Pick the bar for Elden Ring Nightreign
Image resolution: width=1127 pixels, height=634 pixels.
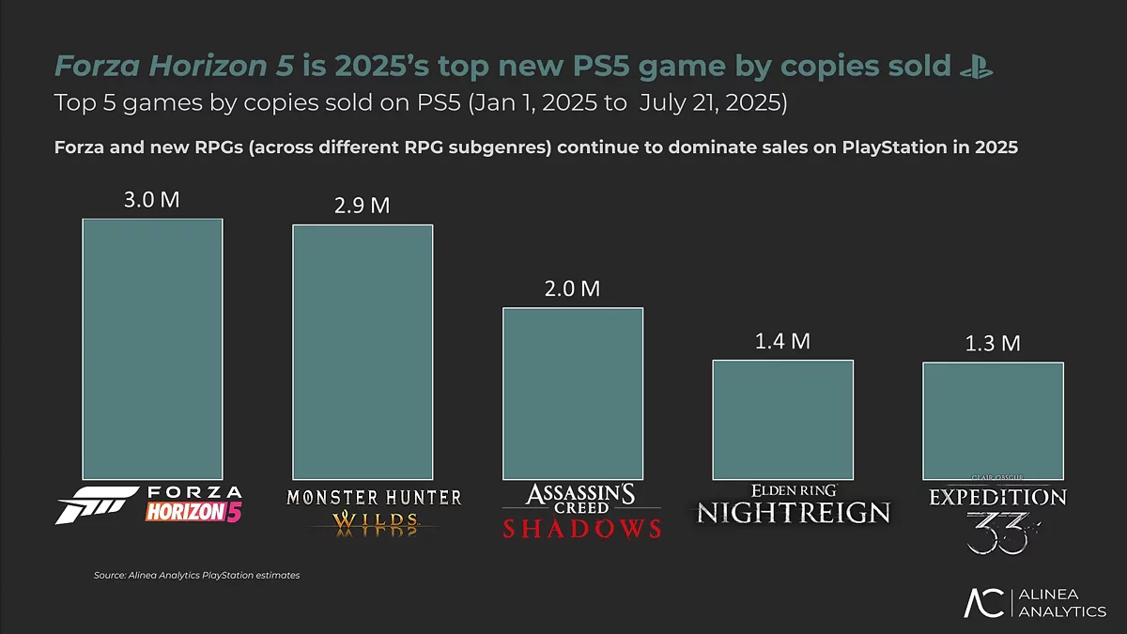point(783,419)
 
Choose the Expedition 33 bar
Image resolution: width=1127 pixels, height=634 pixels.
point(993,420)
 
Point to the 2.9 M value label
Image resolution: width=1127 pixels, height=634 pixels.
point(362,206)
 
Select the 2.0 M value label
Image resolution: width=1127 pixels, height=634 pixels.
point(572,288)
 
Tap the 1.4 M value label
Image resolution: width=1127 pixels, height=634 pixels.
point(782,341)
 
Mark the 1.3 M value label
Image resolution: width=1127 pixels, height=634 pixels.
point(993,344)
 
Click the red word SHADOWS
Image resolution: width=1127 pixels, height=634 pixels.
point(581,528)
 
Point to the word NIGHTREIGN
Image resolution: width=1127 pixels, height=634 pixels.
point(794,513)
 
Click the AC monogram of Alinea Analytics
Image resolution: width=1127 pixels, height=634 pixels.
point(985,602)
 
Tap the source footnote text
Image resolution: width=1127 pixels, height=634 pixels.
point(196,575)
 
